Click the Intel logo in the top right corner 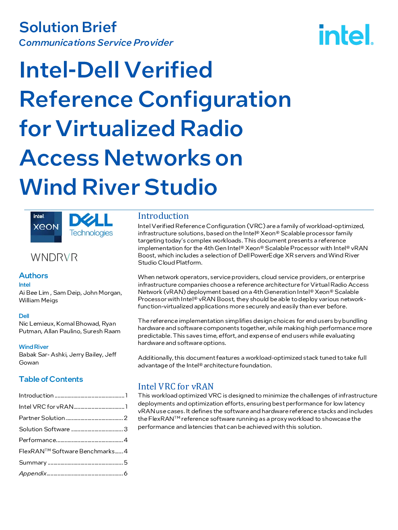346,35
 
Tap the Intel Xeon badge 46,227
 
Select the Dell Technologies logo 91,225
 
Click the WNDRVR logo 54,257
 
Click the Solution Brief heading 68,27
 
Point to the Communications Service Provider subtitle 96,43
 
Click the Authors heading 33,275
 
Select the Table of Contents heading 51,379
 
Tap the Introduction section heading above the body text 163,216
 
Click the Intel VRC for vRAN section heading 175,386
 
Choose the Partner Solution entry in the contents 42,418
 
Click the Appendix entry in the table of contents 33,473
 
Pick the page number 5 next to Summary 125,462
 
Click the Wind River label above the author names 34,347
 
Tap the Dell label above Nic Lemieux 24,316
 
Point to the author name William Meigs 39,300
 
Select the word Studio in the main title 181,187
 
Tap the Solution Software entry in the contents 44,429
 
